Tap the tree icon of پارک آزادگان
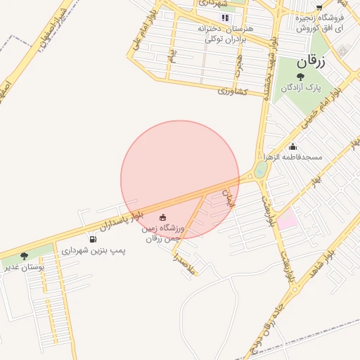[x=301, y=77]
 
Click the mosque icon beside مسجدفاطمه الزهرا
[x=292, y=146]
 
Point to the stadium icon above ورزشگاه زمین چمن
[x=164, y=217]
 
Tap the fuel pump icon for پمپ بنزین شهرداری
[x=94, y=239]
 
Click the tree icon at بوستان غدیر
[x=25, y=256]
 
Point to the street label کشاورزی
[x=234, y=91]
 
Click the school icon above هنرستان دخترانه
[x=225, y=18]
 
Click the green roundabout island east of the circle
[x=261, y=169]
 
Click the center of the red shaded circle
[x=180, y=180]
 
